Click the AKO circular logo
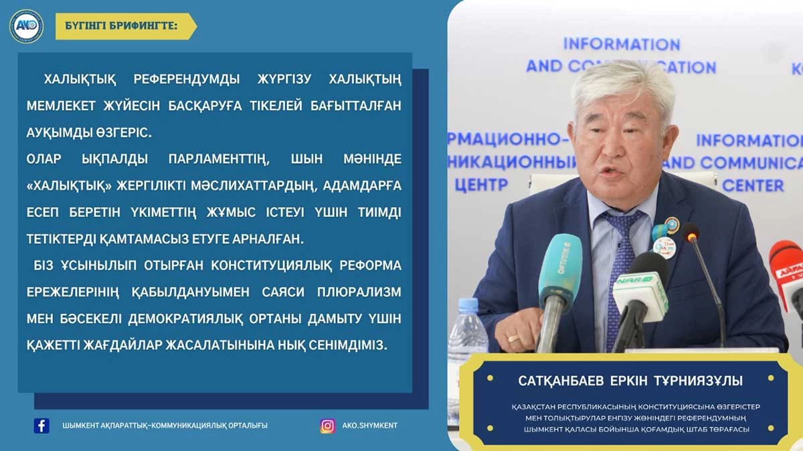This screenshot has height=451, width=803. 27,27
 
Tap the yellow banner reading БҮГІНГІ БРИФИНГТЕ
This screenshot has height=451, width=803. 126,27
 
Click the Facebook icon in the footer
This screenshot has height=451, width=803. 41,426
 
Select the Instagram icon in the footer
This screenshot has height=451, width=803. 328,426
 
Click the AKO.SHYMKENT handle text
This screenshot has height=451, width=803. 369,426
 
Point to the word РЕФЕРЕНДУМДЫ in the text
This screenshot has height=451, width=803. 187,79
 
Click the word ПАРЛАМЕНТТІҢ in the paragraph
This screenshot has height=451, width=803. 219,159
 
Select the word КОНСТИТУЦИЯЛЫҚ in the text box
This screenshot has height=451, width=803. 271,266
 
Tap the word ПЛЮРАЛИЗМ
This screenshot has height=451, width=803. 359,292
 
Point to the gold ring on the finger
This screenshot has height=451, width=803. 513,338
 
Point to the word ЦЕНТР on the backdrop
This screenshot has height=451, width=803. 481,185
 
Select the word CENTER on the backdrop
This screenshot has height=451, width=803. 753,186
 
